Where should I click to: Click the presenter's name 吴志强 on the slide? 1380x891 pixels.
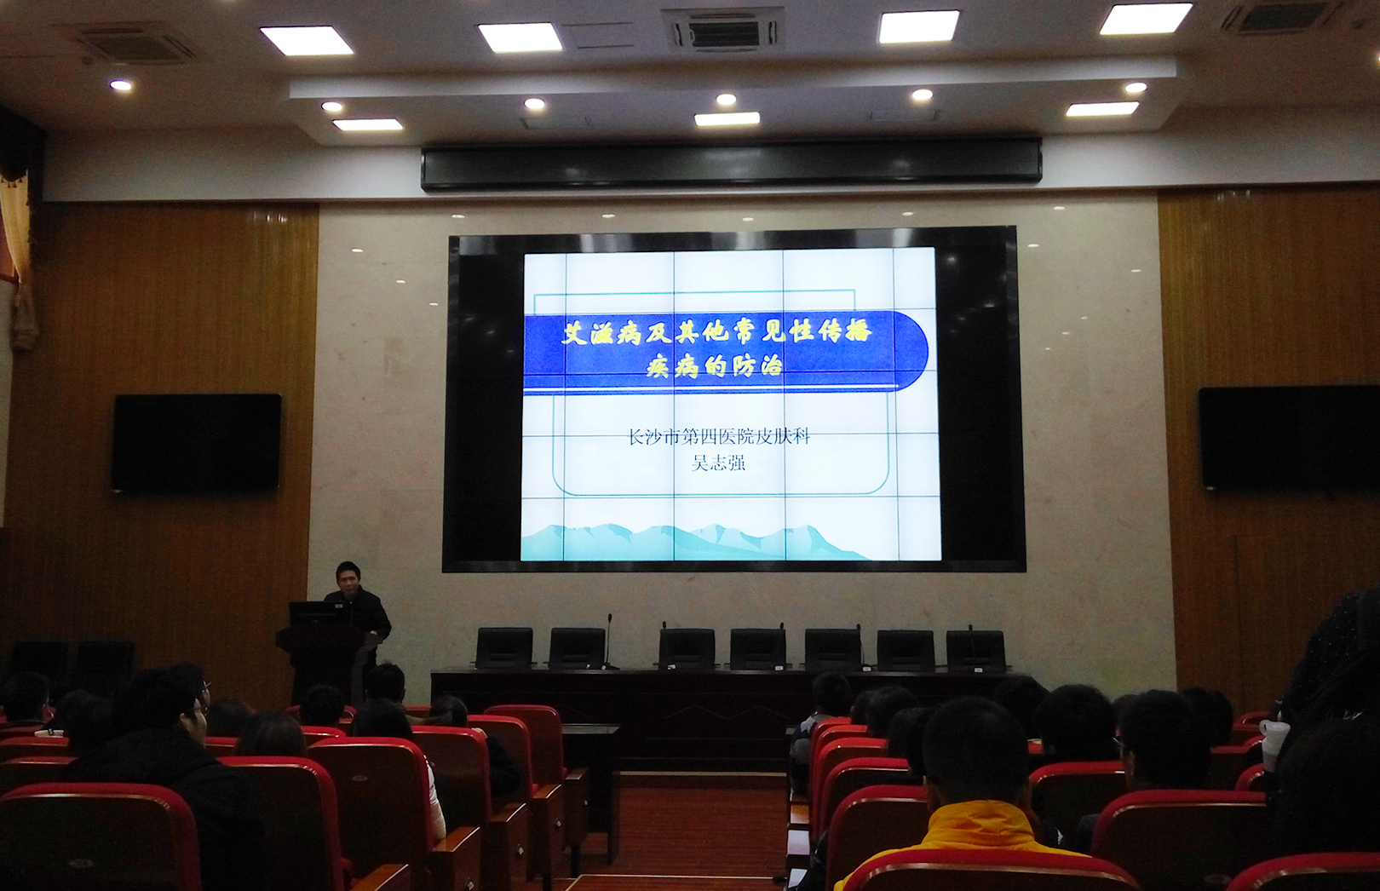point(718,463)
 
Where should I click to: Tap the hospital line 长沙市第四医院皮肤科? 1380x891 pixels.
point(718,437)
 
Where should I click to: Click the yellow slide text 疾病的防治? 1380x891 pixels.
point(714,367)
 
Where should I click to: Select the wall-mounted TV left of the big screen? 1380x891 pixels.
point(197,442)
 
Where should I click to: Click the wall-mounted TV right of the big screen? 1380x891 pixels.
point(1289,438)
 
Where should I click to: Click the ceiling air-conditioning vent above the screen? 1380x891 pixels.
point(722,30)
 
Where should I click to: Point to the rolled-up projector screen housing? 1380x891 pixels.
point(731,163)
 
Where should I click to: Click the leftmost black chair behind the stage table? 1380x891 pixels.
point(504,647)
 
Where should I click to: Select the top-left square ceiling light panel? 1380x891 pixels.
point(306,41)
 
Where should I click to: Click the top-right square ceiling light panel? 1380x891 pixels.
point(1145,19)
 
